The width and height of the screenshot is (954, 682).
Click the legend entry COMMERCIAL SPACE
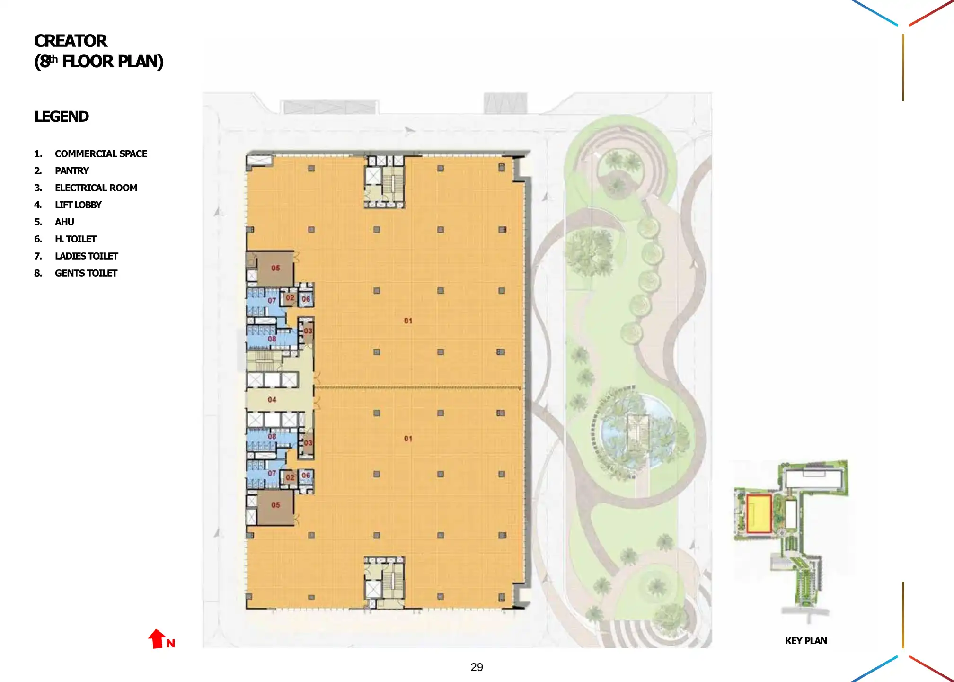[101, 154]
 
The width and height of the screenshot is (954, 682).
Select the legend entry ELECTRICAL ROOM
[96, 188]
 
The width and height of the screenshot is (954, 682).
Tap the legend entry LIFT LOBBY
[78, 205]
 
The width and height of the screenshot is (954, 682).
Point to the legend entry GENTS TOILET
[86, 273]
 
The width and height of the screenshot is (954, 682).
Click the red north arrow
[158, 639]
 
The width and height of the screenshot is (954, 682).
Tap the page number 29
[477, 667]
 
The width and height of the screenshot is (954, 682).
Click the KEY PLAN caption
[805, 641]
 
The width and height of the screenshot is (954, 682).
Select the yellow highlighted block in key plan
[759, 514]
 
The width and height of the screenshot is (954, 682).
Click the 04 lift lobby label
[272, 400]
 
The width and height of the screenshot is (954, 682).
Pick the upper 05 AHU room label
[275, 268]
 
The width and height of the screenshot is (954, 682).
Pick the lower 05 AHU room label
[275, 505]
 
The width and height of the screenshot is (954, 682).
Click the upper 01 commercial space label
[408, 321]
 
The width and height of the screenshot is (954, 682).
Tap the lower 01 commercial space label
[408, 439]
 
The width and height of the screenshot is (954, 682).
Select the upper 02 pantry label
[290, 298]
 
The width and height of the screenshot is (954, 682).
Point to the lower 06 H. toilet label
[306, 476]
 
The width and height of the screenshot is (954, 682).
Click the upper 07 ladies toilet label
[272, 301]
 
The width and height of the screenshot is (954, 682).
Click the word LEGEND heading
[62, 117]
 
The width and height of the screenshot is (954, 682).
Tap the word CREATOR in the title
[71, 41]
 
